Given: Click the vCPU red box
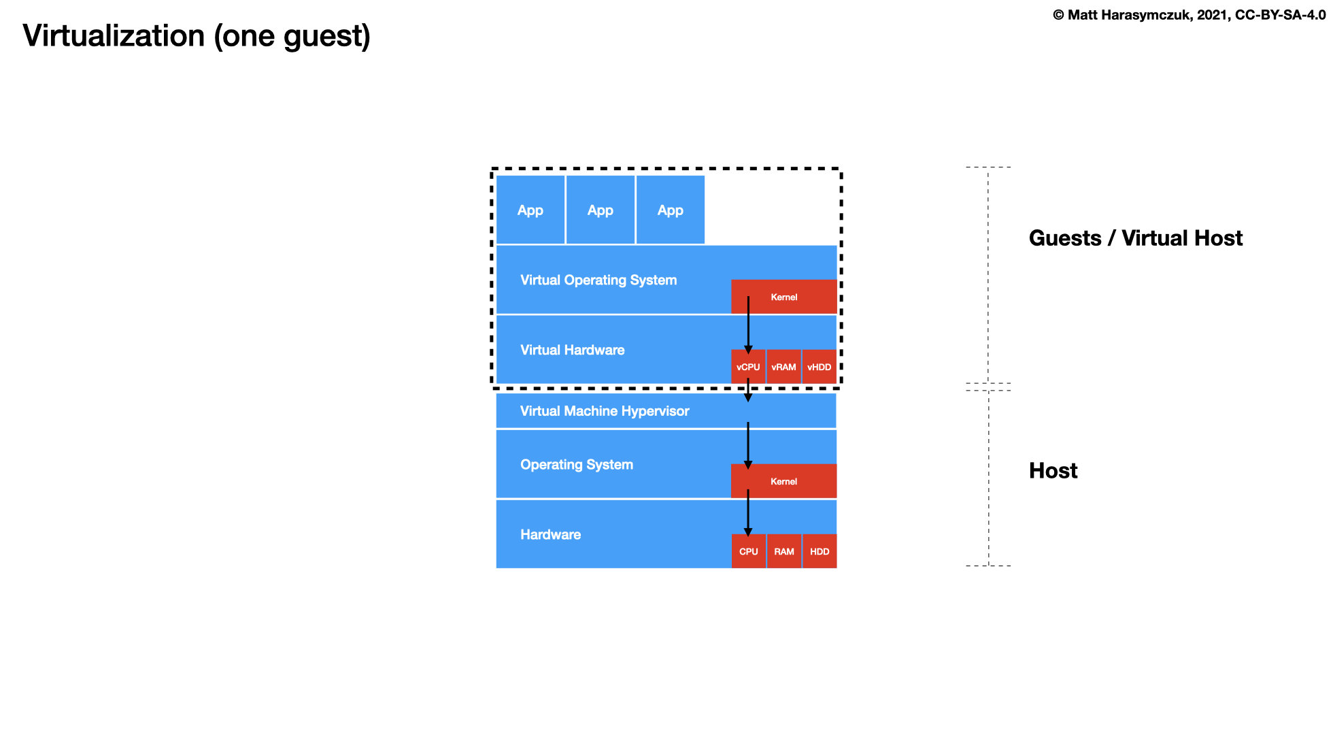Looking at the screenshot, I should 748,367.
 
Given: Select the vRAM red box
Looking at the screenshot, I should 783,367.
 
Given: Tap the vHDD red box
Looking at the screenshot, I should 819,367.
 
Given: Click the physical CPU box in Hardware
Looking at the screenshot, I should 748,551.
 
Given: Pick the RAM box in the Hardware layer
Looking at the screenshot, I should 783,551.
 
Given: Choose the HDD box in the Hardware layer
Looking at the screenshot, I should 819,551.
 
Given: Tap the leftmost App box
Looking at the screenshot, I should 530,210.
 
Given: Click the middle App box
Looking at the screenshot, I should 601,210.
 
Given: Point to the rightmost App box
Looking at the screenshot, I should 671,210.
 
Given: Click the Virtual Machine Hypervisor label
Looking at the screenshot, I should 605,411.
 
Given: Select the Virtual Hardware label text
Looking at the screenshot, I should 572,350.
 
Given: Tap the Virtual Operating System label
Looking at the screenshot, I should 598,280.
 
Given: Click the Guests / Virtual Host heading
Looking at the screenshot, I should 1135,238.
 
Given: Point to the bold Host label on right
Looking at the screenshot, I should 1053,471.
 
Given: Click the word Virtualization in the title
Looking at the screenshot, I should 114,36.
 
